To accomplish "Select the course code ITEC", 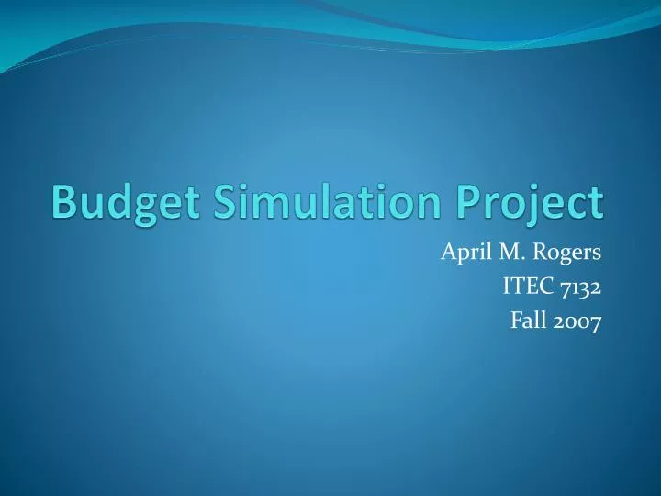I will point(523,287).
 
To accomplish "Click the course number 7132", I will point(578,287).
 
